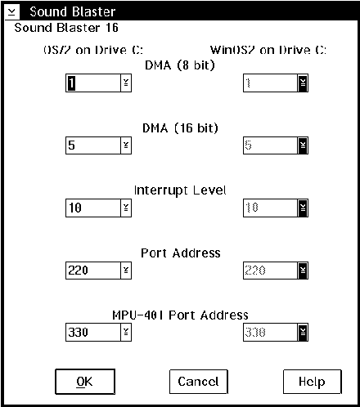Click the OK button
coord(85,382)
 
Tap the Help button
coord(312,382)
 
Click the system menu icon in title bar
coord(12,11)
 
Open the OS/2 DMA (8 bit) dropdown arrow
coord(126,83)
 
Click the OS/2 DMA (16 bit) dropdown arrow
coord(126,145)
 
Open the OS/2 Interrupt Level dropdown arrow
coord(126,208)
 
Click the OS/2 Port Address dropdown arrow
coord(126,271)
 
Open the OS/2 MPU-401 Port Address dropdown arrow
coord(126,332)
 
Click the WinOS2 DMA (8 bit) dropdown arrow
coord(303,83)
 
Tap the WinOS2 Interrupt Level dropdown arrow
coord(303,208)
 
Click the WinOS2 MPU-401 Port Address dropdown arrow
coord(303,332)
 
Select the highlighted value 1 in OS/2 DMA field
coord(71,83)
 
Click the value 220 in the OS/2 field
coord(79,271)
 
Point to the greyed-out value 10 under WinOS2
coord(252,208)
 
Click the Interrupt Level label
coord(180,190)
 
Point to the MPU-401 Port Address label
coord(180,315)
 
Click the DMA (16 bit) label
coord(180,128)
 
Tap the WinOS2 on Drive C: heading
coord(268,50)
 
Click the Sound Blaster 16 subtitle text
coord(66,28)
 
